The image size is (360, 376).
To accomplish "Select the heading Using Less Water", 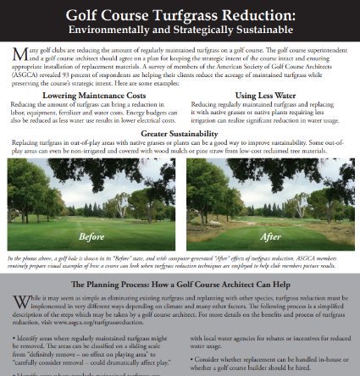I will point(264,95).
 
